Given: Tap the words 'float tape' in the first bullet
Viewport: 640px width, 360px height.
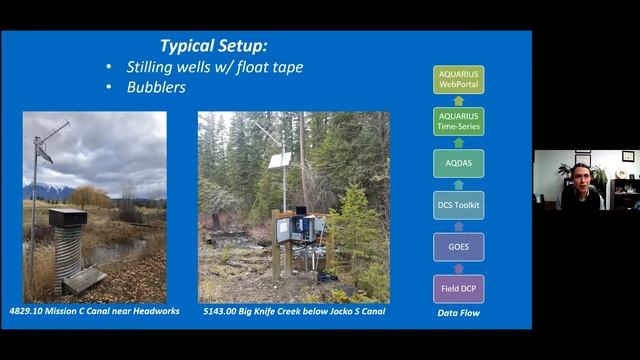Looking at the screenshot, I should coord(267,67).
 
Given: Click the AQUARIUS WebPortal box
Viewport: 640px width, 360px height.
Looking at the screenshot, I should coord(458,80).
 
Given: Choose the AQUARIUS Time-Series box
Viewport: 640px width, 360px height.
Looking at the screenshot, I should coord(458,122).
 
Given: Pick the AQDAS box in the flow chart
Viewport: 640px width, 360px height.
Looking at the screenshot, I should coord(458,163).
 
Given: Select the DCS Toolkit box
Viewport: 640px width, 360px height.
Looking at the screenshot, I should coord(458,205).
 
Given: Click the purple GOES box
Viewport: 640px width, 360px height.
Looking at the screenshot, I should coord(458,246).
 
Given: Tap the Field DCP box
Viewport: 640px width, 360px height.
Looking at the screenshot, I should coord(458,288).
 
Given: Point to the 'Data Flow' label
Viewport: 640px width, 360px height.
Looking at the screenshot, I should coord(459,312).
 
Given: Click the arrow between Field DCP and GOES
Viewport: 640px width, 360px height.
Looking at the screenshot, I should coord(458,267).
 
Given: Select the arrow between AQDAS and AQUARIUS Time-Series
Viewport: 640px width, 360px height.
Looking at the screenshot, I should coord(458,142).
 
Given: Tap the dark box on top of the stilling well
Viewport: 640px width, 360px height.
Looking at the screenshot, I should coord(67,217).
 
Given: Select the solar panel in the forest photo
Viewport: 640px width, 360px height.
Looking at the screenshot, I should coord(280,159).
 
